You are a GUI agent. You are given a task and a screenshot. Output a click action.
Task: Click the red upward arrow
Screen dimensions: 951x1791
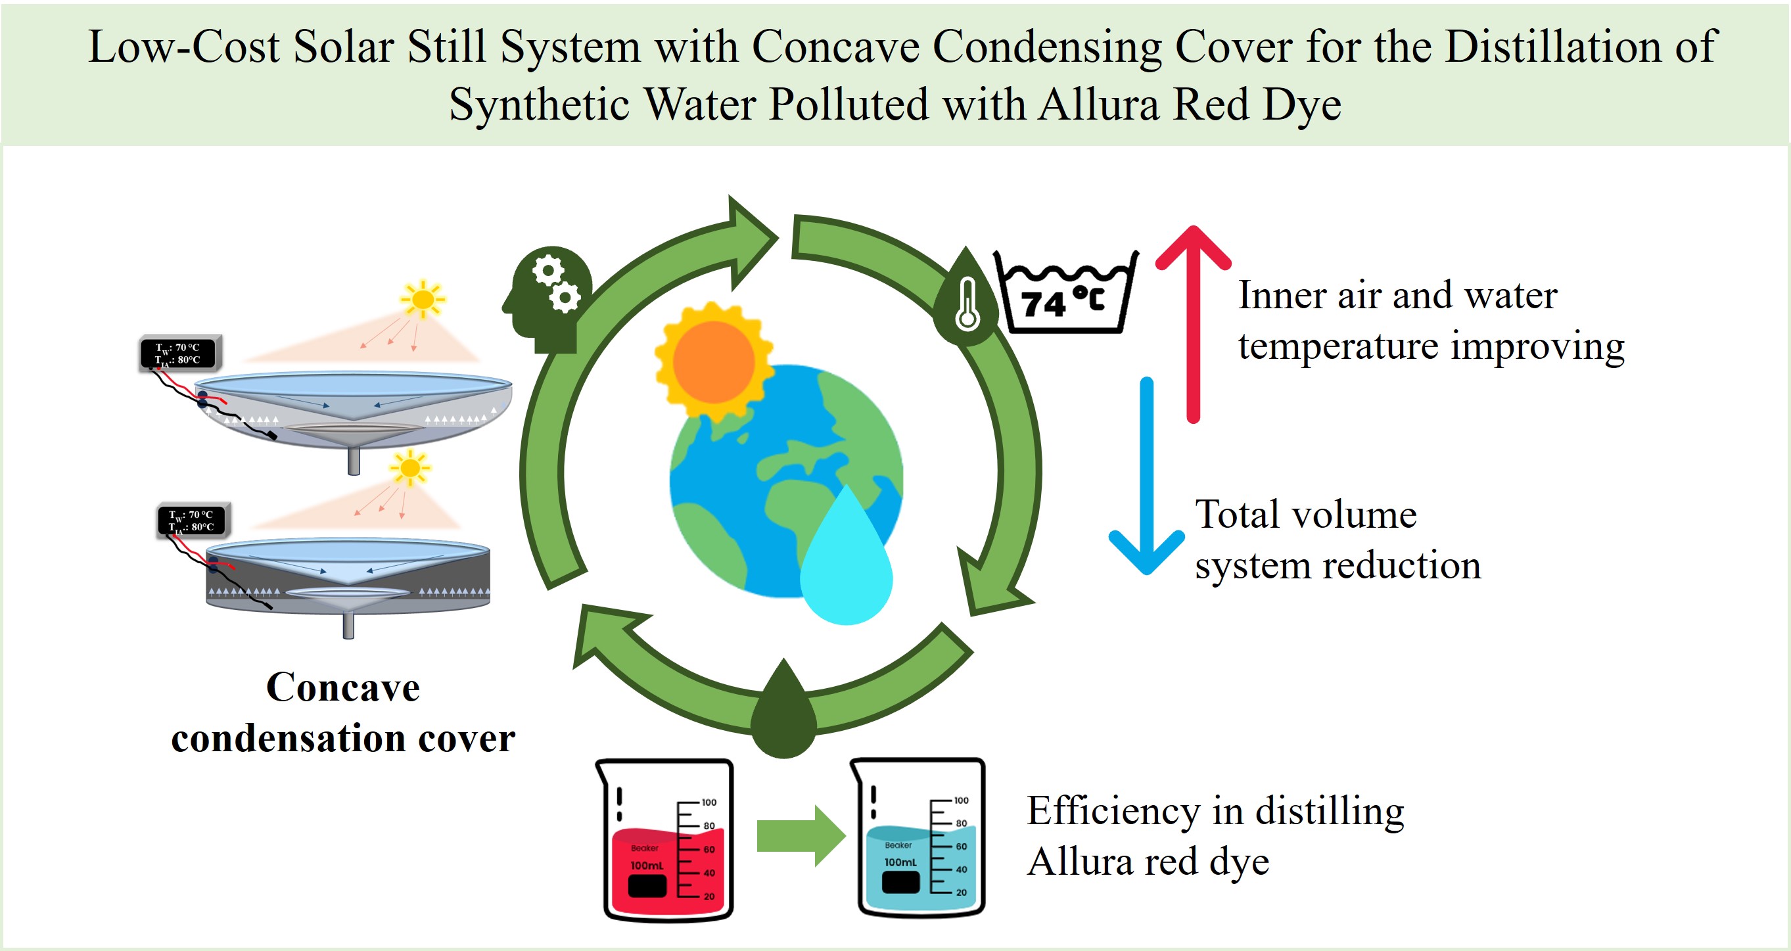pyautogui.click(x=1193, y=320)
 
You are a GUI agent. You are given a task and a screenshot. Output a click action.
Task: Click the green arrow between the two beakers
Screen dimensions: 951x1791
pyautogui.click(x=800, y=835)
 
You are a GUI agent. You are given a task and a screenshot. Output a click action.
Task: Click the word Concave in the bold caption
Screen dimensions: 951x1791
pyautogui.click(x=343, y=688)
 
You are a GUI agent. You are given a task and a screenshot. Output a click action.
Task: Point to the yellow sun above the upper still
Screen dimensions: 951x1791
pyautogui.click(x=422, y=300)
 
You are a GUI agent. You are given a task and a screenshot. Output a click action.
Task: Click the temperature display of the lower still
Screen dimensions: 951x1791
pyautogui.click(x=193, y=521)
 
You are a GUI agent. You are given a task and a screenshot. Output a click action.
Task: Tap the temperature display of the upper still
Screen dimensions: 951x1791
pyautogui.click(x=179, y=353)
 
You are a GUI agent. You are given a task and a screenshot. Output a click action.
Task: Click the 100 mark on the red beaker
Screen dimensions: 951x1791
pyautogui.click(x=709, y=802)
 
